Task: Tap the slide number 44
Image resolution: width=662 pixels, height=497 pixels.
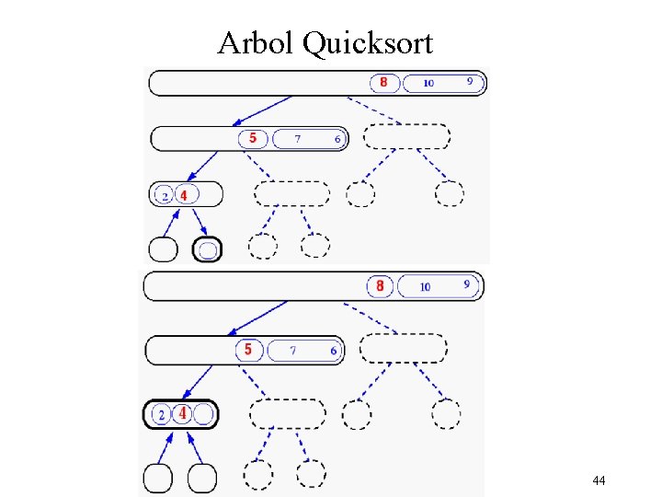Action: point(599,480)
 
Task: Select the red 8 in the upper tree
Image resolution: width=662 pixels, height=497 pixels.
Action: point(383,83)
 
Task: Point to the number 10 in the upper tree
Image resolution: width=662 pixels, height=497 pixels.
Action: point(428,84)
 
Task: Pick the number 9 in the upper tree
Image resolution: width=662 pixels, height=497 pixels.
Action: point(470,81)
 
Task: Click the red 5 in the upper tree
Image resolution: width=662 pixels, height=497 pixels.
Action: point(253,138)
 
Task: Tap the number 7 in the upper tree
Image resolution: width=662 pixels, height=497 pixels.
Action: point(297,139)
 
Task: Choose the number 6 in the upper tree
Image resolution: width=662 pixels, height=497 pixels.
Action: point(337,139)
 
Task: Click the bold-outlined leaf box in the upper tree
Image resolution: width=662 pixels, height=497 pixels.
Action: point(209,248)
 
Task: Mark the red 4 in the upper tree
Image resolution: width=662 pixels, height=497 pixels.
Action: point(184,195)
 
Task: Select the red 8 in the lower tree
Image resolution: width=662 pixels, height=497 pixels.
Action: point(380,286)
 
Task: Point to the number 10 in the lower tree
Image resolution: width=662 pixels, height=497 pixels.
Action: point(425,287)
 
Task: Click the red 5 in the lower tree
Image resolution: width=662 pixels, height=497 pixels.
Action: point(248,350)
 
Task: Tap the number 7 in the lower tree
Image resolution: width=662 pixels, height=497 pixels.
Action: point(293,350)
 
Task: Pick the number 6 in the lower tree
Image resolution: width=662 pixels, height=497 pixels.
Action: point(334,351)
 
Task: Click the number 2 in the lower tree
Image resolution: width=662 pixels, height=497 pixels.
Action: point(161,415)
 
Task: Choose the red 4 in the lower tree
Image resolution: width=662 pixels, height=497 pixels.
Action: point(182,414)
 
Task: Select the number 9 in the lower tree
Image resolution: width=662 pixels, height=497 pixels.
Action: point(466,284)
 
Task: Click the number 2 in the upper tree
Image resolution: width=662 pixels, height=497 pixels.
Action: point(165,196)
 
